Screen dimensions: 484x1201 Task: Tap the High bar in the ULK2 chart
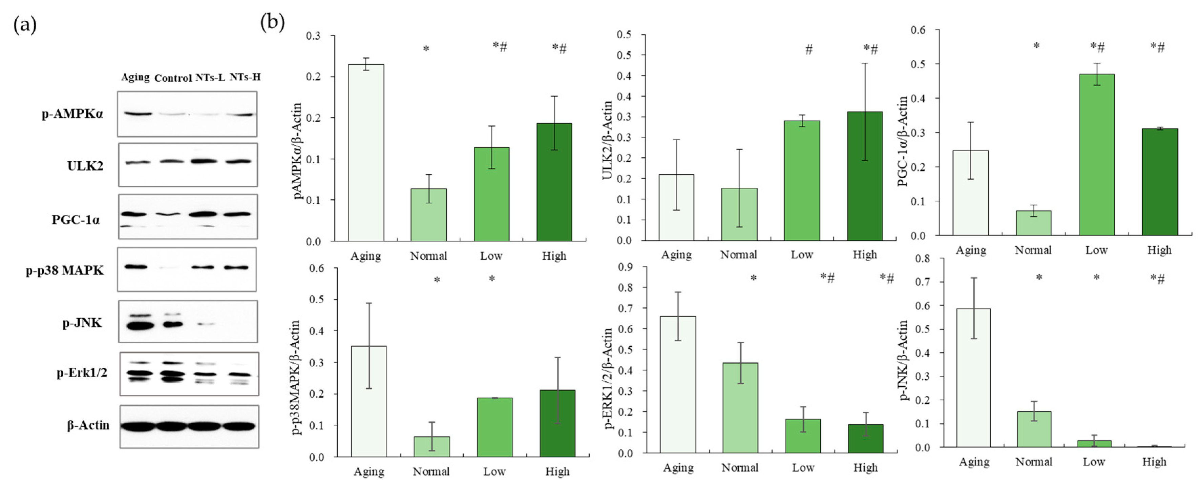click(865, 177)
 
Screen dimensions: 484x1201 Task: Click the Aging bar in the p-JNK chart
click(973, 378)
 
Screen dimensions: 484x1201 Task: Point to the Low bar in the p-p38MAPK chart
click(495, 427)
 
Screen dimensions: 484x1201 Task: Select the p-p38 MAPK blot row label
click(65, 270)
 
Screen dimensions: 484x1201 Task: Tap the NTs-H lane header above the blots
click(245, 77)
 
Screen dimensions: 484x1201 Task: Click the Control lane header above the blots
click(173, 78)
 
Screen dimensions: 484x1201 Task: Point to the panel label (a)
click(25, 25)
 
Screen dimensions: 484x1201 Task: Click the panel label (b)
click(272, 22)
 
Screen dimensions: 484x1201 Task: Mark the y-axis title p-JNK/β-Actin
click(904, 360)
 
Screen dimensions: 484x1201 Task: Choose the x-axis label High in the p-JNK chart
click(1154, 462)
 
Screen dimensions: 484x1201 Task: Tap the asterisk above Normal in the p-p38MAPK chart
click(437, 280)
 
